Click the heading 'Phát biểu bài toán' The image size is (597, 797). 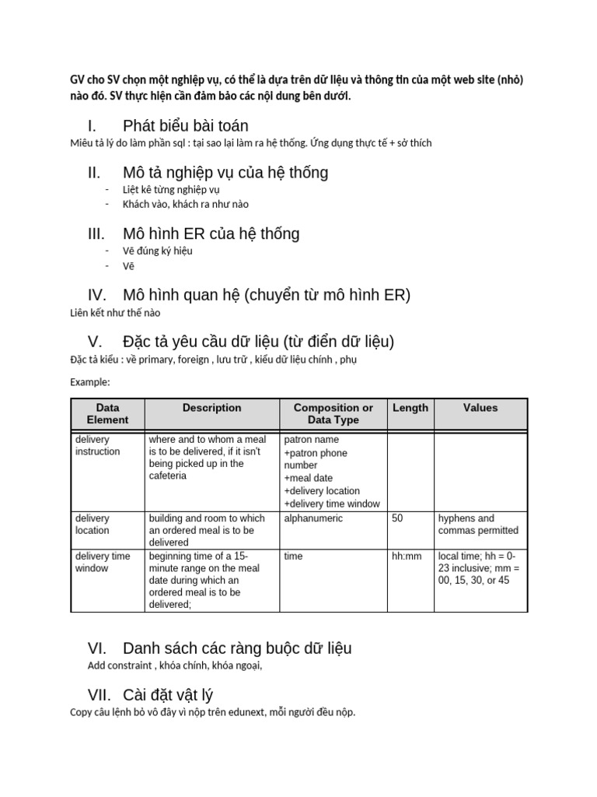pos(185,126)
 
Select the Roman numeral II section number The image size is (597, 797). pos(94,172)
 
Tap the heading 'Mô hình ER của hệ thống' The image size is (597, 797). pos(211,233)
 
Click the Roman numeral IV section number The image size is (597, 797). pos(96,295)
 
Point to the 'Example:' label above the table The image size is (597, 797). pos(90,382)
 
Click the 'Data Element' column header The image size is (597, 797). pos(107,413)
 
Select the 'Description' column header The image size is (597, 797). pos(211,408)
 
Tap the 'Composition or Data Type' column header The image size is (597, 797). pos(333,413)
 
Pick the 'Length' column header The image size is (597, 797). pos(410,408)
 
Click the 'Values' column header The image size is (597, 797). pos(480,408)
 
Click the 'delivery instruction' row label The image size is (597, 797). pos(98,445)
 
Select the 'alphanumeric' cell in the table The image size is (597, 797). pos(313,518)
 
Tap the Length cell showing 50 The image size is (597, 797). pos(398,518)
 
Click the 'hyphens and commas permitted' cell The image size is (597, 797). pos(478,525)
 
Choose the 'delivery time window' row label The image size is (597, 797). pos(103,562)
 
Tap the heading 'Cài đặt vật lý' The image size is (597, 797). pos(168,694)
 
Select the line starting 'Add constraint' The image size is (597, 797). pos(175,665)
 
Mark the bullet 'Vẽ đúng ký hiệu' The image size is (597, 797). pos(157,251)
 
